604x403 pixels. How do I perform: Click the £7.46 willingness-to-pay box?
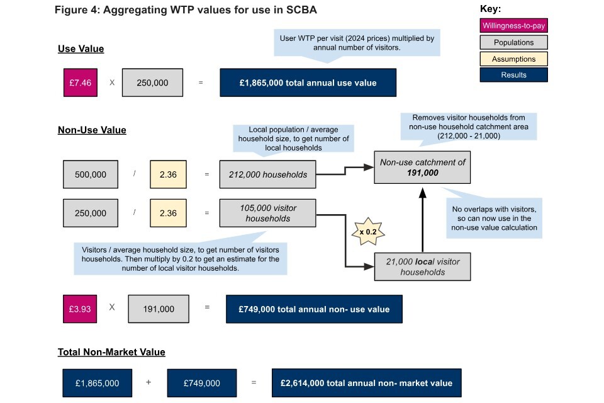click(81, 82)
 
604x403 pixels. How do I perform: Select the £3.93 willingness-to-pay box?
click(81, 309)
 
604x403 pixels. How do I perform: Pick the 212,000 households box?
click(267, 174)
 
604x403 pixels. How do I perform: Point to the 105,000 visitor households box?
click(267, 213)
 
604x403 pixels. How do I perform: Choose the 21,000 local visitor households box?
click(422, 266)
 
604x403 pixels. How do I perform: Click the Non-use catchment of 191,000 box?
click(422, 167)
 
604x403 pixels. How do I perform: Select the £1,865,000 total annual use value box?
click(308, 82)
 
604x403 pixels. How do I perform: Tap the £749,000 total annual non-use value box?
click(313, 309)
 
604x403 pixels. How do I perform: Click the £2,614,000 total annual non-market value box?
click(367, 383)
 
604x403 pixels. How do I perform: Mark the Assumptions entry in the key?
click(513, 59)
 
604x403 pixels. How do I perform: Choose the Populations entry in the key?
click(513, 43)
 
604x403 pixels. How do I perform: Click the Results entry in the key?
click(513, 75)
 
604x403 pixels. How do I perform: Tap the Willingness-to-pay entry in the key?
click(513, 26)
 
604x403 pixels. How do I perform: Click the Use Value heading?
click(81, 48)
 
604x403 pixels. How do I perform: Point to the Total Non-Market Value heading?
click(111, 352)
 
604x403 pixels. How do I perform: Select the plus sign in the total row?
click(148, 383)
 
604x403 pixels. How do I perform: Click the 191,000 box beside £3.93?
click(159, 309)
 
